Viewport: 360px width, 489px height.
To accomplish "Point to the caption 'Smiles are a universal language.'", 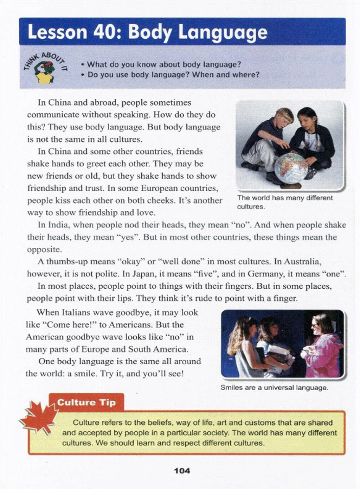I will click(274, 388).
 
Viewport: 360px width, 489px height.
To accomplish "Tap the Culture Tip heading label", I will click(86, 402).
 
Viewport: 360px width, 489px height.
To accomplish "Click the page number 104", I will click(182, 471).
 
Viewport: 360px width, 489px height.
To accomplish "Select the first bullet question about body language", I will click(164, 64).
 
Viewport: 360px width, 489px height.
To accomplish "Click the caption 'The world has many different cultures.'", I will click(284, 202).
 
